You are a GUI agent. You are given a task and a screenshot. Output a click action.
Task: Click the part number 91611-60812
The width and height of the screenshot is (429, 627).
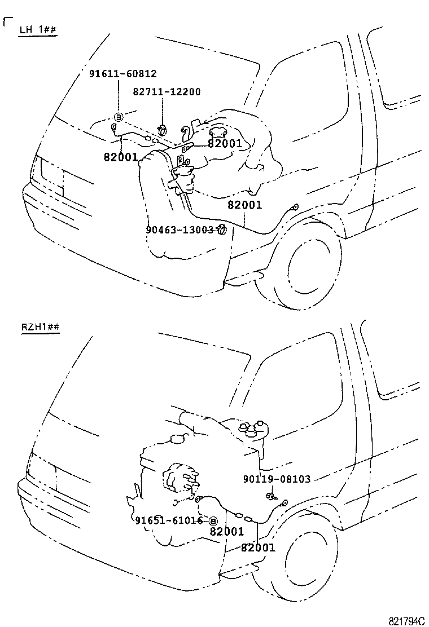coord(122,74)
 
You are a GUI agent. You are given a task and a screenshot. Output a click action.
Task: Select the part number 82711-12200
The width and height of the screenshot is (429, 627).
coord(167,92)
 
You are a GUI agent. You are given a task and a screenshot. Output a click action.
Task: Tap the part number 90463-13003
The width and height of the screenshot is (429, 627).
coord(180,229)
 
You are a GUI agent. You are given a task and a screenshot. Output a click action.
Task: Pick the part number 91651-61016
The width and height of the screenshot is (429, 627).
coord(169,520)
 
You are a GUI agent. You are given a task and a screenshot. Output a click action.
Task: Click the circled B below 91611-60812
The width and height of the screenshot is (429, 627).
coord(119,117)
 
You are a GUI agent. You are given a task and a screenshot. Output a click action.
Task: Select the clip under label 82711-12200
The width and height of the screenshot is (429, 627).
coord(163,129)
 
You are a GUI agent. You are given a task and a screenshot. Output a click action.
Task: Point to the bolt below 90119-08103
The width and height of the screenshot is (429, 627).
coord(271,496)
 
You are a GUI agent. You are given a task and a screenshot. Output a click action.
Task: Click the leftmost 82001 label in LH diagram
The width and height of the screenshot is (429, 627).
coord(121,157)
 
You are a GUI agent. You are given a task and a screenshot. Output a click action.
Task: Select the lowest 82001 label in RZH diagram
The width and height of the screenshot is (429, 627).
coord(258,547)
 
